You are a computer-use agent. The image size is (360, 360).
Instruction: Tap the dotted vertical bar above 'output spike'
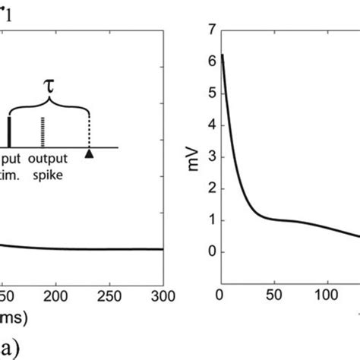click(43, 132)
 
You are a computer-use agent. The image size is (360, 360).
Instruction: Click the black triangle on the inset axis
click(90, 155)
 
